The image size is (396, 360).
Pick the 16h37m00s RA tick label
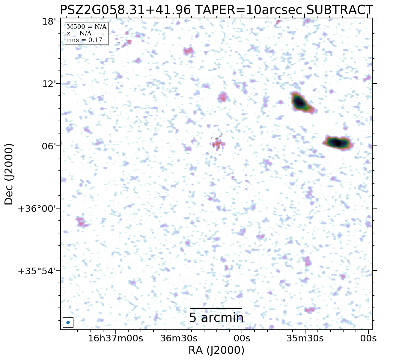(x=115, y=338)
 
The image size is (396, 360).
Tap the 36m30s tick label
(x=179, y=338)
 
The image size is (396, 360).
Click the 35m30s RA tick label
(x=305, y=338)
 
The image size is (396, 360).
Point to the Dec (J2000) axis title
(x=9, y=174)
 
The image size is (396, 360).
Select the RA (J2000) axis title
(x=216, y=350)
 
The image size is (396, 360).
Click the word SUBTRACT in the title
(x=340, y=10)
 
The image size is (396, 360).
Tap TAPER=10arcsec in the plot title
(x=249, y=10)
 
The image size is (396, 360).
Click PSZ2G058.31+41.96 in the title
(x=125, y=10)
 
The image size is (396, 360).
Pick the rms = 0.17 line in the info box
(x=84, y=40)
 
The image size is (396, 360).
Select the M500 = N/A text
(x=86, y=27)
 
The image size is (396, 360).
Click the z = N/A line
(x=79, y=33)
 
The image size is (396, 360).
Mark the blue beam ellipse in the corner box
(x=68, y=322)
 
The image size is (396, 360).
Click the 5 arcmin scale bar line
(x=216, y=308)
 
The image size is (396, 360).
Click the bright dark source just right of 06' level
(x=338, y=143)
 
